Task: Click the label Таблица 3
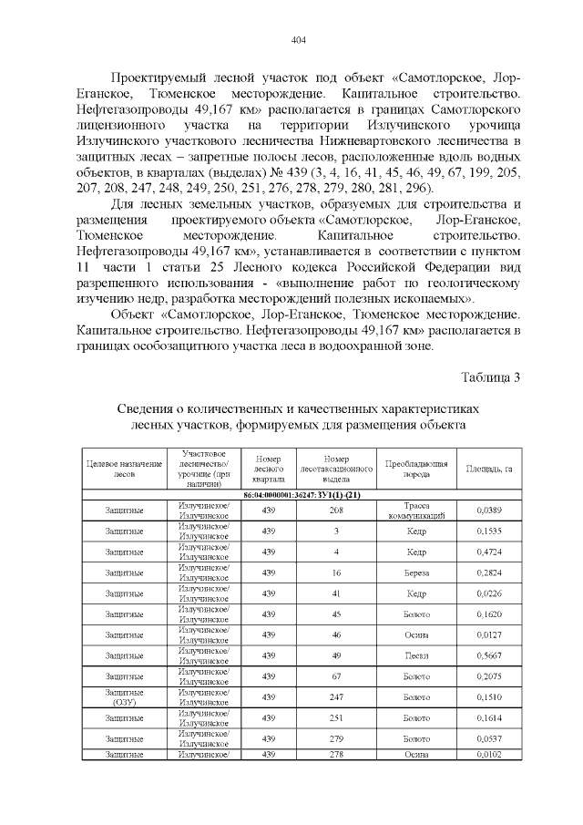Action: coord(490,377)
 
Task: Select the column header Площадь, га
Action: coord(490,469)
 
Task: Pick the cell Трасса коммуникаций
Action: coord(415,510)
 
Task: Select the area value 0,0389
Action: coord(490,510)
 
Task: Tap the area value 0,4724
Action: coord(490,552)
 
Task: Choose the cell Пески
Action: coord(415,655)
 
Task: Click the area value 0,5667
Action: coord(490,655)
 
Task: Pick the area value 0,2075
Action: coord(490,675)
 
